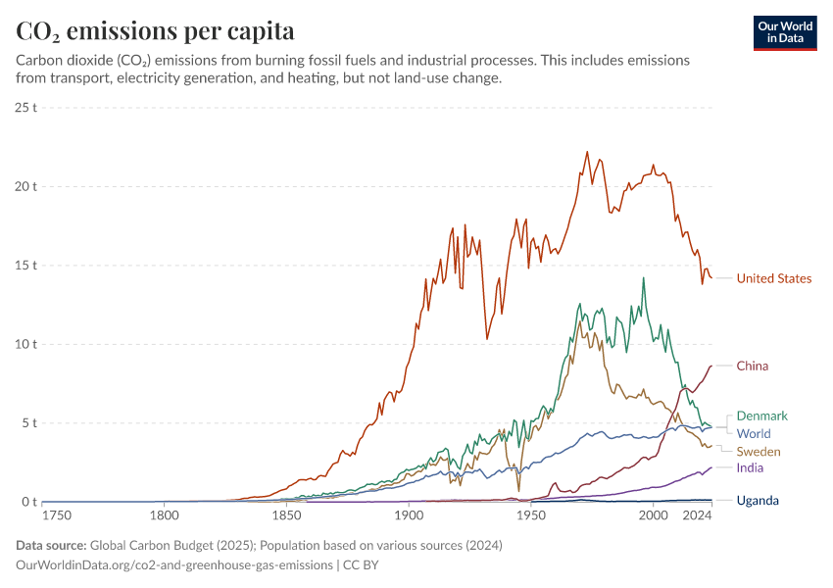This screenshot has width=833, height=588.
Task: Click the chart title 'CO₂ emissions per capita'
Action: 156,30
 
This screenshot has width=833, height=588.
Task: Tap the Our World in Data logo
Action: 785,32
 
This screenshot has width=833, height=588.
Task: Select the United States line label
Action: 773,278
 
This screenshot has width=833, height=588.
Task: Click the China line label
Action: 752,366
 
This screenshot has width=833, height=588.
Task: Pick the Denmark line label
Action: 761,416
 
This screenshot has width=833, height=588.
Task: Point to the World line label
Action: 753,433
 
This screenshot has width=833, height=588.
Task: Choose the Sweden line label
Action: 758,451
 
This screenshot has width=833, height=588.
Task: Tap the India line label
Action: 750,468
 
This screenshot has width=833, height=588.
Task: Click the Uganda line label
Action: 758,501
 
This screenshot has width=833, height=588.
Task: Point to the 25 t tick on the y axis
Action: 26,107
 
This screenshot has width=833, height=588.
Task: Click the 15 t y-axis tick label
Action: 26,265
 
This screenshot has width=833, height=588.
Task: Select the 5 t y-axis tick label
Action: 29,423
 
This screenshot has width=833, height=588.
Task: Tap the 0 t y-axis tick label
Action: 29,502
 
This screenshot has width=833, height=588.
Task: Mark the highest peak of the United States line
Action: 587,152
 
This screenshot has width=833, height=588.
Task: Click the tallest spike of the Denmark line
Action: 644,277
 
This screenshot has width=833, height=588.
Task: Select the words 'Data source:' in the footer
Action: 51,546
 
